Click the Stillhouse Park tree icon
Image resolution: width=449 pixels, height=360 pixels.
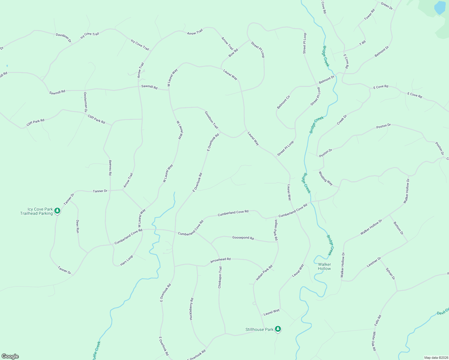tap(278, 329)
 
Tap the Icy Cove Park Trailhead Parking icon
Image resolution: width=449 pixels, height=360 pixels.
tap(57, 211)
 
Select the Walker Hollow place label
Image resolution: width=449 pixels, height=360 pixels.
tap(324, 266)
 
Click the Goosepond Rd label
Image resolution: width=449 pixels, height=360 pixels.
tap(243, 238)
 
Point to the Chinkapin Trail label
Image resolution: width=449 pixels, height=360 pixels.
tap(220, 277)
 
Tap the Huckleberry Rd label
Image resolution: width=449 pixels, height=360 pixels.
tap(191, 309)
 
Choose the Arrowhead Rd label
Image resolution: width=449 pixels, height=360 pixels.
tap(220, 260)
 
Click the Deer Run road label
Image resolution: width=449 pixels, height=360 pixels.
tap(77, 226)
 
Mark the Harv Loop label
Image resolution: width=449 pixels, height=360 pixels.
tap(127, 261)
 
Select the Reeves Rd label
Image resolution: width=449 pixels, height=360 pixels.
tap(110, 168)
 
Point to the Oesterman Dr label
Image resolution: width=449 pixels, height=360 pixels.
tap(86, 102)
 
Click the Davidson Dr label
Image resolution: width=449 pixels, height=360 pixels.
tap(63, 37)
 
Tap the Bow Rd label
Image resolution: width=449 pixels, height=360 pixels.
tap(233, 53)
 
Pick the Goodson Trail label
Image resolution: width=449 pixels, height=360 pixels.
tap(211, 120)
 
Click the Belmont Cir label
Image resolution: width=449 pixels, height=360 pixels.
tap(284, 102)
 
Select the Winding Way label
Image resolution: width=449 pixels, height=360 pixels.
tap(326, 178)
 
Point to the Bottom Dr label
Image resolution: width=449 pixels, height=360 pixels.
tap(398, 229)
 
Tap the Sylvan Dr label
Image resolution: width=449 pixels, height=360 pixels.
tap(390, 274)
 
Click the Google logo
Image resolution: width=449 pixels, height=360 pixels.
tap(10, 356)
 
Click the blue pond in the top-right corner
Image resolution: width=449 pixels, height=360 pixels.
tap(440, 7)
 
